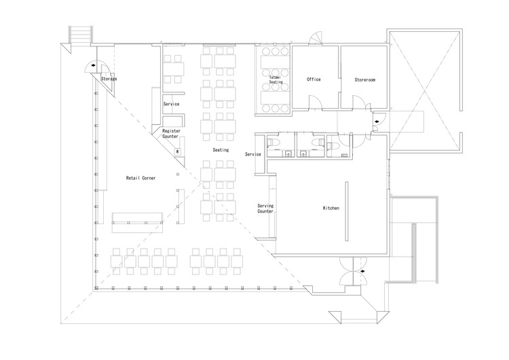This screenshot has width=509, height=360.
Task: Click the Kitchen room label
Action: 331,208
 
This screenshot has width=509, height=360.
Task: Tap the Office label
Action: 314,79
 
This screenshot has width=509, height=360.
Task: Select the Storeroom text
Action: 365,79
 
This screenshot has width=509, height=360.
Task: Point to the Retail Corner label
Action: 140,178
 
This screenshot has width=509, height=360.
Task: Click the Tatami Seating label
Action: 276,79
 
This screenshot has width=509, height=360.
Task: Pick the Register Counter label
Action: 171,134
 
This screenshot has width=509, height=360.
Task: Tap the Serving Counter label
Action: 265,209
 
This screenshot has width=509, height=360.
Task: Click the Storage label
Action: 109,79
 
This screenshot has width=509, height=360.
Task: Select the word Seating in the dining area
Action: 221,150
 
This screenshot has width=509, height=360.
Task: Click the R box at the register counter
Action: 178,151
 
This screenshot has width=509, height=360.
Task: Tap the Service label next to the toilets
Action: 253,154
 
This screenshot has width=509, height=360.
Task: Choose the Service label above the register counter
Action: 171,104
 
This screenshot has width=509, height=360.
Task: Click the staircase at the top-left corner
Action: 81,34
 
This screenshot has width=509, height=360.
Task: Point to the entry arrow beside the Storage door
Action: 94,65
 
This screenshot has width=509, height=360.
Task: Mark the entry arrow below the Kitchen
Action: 362,271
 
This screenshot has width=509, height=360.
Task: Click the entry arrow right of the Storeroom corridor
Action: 377,122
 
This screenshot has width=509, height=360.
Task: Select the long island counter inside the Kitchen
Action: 347,211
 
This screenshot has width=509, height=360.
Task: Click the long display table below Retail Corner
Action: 137,223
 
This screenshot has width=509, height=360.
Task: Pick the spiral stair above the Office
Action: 316,38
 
